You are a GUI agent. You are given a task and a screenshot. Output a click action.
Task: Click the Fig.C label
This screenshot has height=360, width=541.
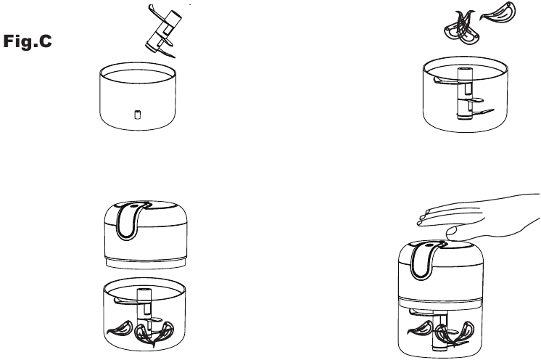point(28,41)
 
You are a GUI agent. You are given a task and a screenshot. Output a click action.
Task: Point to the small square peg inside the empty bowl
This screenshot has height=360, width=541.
point(137,115)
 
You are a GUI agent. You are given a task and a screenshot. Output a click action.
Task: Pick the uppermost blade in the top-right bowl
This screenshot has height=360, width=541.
point(446,81)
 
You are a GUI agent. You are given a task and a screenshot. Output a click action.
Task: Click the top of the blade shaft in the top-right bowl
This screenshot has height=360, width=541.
point(464,70)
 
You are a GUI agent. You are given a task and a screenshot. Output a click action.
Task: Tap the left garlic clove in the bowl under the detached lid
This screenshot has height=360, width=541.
point(120,328)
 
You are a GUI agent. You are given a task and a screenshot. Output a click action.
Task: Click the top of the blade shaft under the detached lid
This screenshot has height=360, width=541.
point(144,290)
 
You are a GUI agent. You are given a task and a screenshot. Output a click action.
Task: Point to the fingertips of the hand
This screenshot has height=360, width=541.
point(424,218)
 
